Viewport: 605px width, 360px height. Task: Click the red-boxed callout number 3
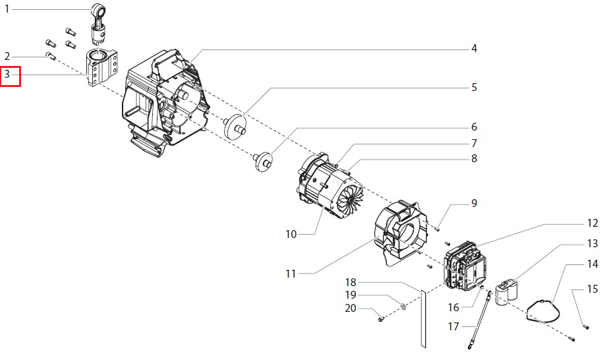click(x=7, y=73)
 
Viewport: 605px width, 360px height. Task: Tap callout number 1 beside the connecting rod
click(x=7, y=9)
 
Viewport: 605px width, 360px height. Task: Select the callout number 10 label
click(x=291, y=234)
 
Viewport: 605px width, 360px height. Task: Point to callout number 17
click(x=453, y=327)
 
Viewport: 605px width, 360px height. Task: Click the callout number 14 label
click(x=592, y=264)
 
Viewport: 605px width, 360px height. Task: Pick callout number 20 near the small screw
click(x=351, y=309)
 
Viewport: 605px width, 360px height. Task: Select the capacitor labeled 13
click(x=507, y=293)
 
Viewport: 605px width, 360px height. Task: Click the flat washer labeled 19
click(x=403, y=307)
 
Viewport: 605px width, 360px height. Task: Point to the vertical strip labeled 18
click(x=423, y=318)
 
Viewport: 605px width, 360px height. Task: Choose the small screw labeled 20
click(x=381, y=319)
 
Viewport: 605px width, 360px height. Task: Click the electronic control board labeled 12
click(x=465, y=266)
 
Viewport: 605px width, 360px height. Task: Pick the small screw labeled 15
click(x=587, y=327)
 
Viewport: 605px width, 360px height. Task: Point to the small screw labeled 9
click(x=437, y=229)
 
